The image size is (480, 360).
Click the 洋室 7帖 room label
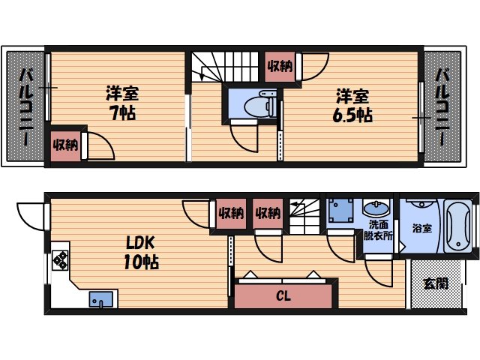(121, 103)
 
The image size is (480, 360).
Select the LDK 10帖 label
(141, 253)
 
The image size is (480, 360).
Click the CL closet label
(283, 295)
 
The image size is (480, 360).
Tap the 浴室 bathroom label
(421, 228)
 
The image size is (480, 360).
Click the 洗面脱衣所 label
(378, 229)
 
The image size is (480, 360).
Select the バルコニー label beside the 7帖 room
(25, 107)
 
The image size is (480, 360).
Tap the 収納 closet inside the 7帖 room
(65, 144)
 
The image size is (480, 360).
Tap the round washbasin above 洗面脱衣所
(374, 208)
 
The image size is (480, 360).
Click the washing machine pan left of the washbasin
(341, 209)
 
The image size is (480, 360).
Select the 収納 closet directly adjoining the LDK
(231, 212)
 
